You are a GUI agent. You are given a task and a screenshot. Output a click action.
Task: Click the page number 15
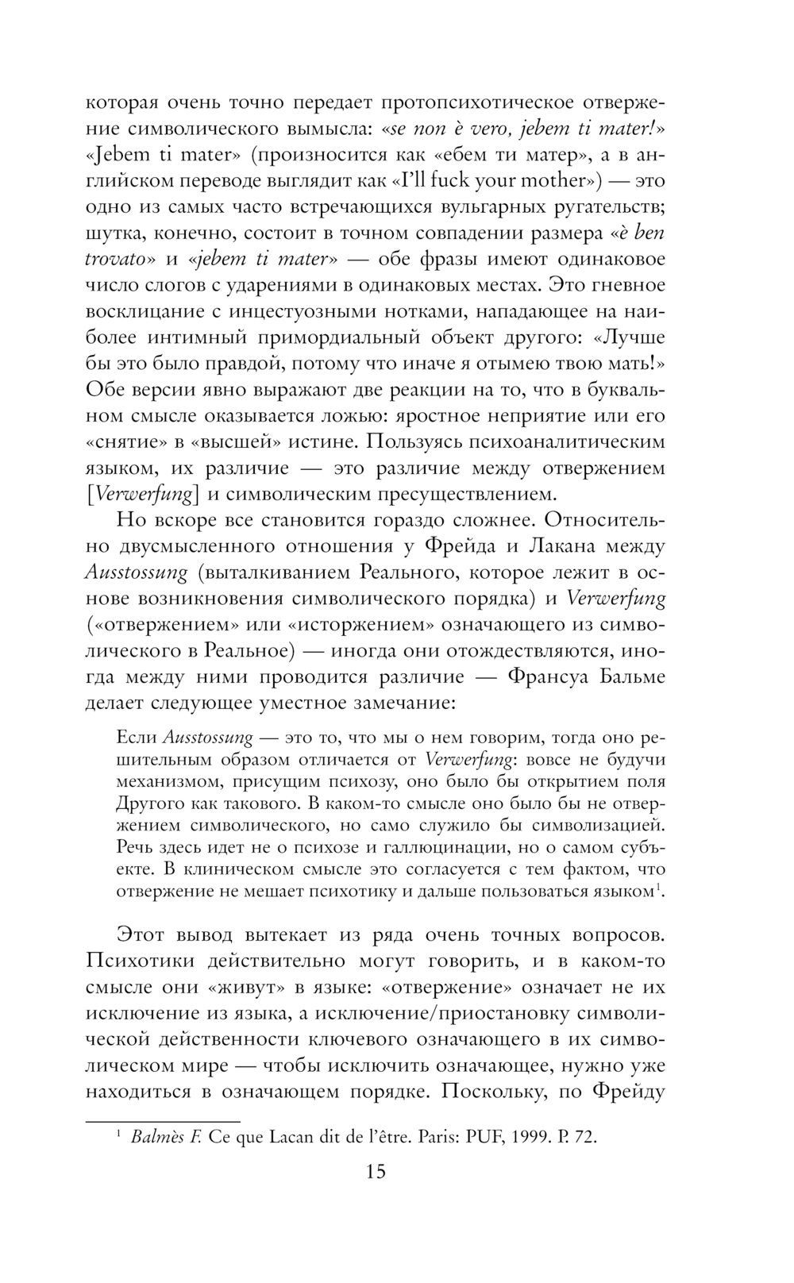[376, 1171]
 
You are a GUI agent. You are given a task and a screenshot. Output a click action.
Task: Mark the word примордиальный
[330, 337]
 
